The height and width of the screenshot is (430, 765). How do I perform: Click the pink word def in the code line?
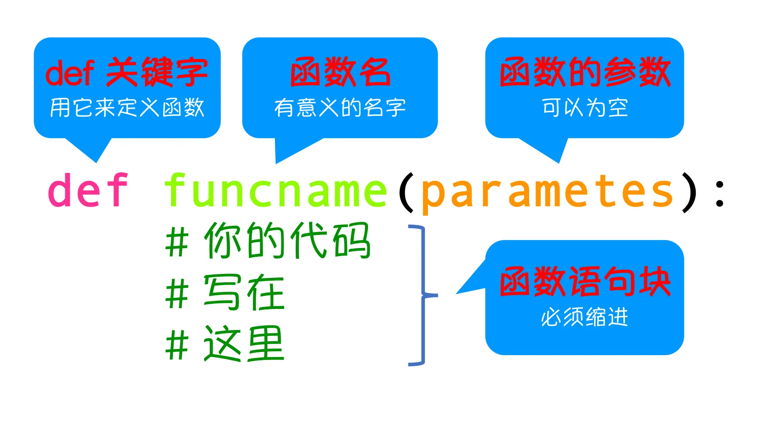pyautogui.click(x=88, y=190)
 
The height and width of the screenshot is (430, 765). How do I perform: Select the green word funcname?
pyautogui.click(x=276, y=190)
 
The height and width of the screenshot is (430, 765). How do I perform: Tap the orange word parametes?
pyautogui.click(x=547, y=193)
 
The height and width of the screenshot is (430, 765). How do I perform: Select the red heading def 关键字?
pyautogui.click(x=127, y=72)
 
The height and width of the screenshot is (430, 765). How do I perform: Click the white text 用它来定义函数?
pyautogui.click(x=127, y=108)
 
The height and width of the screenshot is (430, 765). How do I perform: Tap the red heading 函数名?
pyautogui.click(x=340, y=72)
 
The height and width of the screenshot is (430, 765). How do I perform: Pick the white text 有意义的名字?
pyautogui.click(x=340, y=108)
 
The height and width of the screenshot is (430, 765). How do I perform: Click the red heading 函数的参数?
pyautogui.click(x=585, y=72)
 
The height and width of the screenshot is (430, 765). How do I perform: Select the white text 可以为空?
pyautogui.click(x=585, y=108)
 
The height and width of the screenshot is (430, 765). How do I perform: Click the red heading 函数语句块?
pyautogui.click(x=585, y=282)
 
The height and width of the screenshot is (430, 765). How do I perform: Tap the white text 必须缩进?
pyautogui.click(x=585, y=317)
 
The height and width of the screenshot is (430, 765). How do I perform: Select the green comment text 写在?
pyautogui.click(x=244, y=293)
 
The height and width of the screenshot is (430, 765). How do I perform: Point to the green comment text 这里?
pyautogui.click(x=244, y=344)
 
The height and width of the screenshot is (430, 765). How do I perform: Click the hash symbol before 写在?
pyautogui.click(x=177, y=294)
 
